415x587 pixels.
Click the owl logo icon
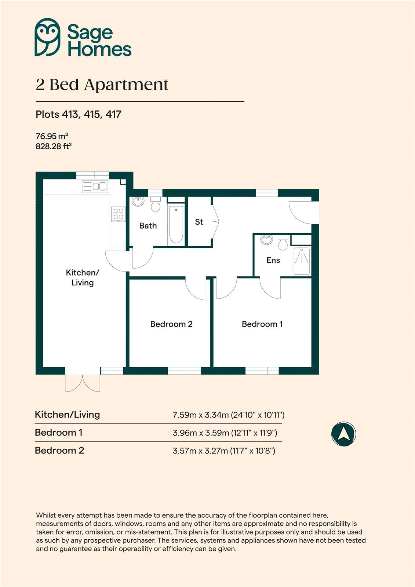coord(47,37)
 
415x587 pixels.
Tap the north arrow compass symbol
coord(343,434)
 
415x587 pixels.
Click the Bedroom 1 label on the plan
coord(262,324)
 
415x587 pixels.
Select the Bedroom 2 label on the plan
coord(171,324)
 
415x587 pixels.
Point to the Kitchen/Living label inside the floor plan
coord(82,277)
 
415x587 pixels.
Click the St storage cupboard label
coord(199,222)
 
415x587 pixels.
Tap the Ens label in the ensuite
coord(273,260)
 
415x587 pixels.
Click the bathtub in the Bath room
coord(176,225)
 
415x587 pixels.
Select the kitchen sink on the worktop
coord(94,187)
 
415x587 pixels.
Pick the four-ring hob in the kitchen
coord(118,214)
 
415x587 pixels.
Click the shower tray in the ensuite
coord(301,261)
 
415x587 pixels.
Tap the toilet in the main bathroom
coord(156,204)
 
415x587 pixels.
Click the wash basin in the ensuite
coord(267,240)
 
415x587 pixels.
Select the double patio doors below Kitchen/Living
coord(83,382)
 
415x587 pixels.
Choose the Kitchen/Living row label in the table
coord(67,415)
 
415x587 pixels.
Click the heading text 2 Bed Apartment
coord(102,85)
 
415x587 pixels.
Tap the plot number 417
coord(113,114)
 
